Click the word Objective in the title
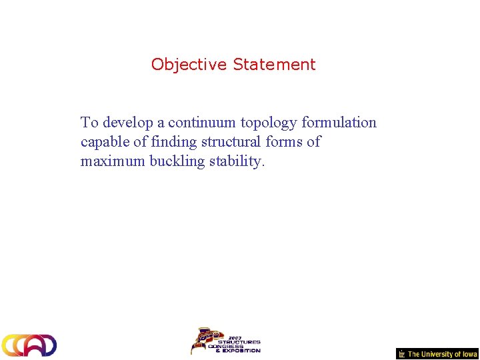pyautogui.click(x=189, y=65)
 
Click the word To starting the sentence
pyautogui.click(x=89, y=123)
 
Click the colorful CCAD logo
pyautogui.click(x=29, y=345)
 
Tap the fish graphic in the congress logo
pyautogui.click(x=203, y=340)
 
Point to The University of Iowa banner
pyautogui.click(x=442, y=354)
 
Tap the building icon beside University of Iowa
pyautogui.click(x=401, y=354)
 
